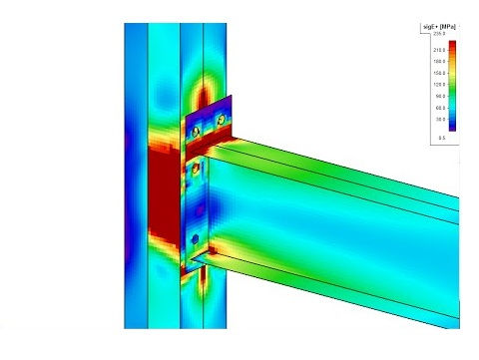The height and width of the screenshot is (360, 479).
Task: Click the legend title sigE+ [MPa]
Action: click(x=438, y=25)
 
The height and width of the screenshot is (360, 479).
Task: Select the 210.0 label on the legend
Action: click(x=439, y=49)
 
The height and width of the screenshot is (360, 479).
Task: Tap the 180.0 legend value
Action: click(x=439, y=61)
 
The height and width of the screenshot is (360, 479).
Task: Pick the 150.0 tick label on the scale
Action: click(x=439, y=73)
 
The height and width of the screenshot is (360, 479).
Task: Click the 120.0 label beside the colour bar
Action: click(x=439, y=85)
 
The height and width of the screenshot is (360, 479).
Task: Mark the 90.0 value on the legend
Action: click(x=440, y=97)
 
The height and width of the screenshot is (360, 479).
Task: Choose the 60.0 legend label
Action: click(x=440, y=108)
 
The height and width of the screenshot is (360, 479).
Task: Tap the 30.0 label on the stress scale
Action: click(x=440, y=120)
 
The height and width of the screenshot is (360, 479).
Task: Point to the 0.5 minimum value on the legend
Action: click(x=441, y=139)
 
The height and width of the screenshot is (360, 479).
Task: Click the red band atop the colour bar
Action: click(x=452, y=47)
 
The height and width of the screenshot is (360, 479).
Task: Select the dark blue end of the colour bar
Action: click(x=452, y=127)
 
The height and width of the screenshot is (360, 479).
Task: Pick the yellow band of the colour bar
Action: click(x=452, y=71)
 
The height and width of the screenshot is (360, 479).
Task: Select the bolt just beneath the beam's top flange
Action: click(x=196, y=172)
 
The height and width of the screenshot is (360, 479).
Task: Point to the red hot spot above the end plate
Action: click(x=203, y=97)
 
